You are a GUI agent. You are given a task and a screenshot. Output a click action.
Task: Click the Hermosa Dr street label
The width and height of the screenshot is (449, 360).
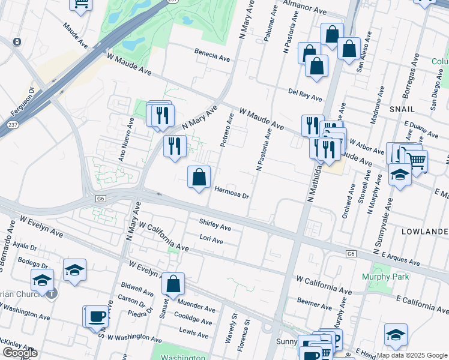click(231, 191)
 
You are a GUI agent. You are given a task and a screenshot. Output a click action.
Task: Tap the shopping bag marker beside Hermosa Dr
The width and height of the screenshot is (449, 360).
click(199, 178)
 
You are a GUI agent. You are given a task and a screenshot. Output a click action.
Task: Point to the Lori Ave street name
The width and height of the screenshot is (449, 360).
click(211, 240)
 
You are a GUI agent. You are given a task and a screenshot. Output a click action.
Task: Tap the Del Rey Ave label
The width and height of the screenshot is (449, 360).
click(305, 95)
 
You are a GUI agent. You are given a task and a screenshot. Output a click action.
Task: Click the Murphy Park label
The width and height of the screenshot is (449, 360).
click(385, 277)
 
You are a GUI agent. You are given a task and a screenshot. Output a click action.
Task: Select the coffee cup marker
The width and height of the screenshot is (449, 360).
click(97, 317)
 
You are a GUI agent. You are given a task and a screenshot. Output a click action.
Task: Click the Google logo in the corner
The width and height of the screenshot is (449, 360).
click(19, 353)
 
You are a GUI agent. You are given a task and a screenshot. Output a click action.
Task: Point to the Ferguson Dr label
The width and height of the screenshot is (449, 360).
click(22, 104)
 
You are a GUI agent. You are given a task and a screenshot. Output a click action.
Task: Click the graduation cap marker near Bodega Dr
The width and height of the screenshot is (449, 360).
click(75, 270)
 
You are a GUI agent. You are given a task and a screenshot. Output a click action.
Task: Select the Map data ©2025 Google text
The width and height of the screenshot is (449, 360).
click(412, 355)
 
